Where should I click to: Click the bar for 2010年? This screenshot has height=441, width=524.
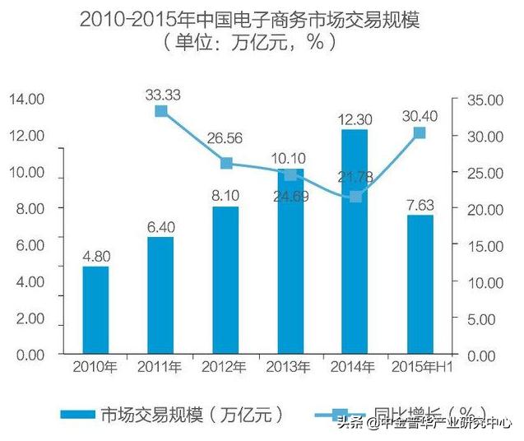[95, 310]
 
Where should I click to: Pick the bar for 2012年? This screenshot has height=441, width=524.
[225, 281]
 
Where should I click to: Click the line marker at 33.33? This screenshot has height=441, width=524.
[161, 111]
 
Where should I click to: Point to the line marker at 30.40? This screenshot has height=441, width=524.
[420, 132]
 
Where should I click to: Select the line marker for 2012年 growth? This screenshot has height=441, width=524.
[225, 163]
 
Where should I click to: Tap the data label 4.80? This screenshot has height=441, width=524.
[95, 257]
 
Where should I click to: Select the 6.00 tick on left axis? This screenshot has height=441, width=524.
[28, 245]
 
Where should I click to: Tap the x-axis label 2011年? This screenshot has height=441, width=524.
[160, 366]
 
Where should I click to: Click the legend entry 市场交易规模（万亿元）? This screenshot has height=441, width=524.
[173, 414]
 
